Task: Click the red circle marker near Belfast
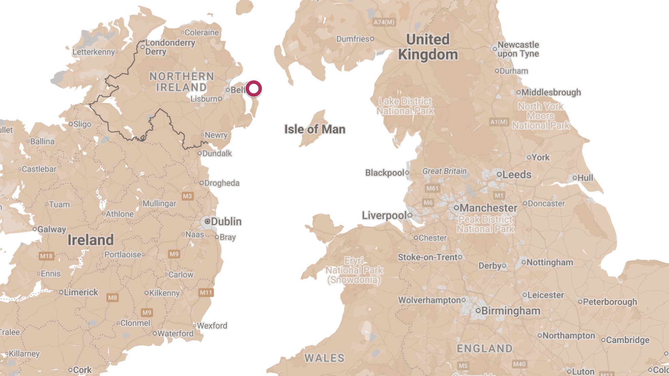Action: point(253,89)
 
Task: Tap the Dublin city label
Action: point(226,221)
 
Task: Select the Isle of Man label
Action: point(315,129)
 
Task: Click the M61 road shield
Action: point(432,188)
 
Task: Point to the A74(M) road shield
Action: point(384,22)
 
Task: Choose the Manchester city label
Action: point(488,208)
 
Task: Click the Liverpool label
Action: point(384,216)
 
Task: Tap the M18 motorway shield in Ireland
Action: point(46,256)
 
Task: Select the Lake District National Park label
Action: point(405,106)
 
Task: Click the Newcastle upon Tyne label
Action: point(518,49)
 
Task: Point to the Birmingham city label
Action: point(510,311)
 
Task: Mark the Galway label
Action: point(52,229)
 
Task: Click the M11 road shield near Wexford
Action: point(206,293)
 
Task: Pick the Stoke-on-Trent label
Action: point(428,257)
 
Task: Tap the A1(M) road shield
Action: point(499,122)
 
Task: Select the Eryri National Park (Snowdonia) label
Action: point(354,270)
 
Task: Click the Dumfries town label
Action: point(353,39)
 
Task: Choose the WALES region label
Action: point(324,358)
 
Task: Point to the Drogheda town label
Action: point(221,183)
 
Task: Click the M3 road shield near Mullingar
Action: point(187,196)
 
